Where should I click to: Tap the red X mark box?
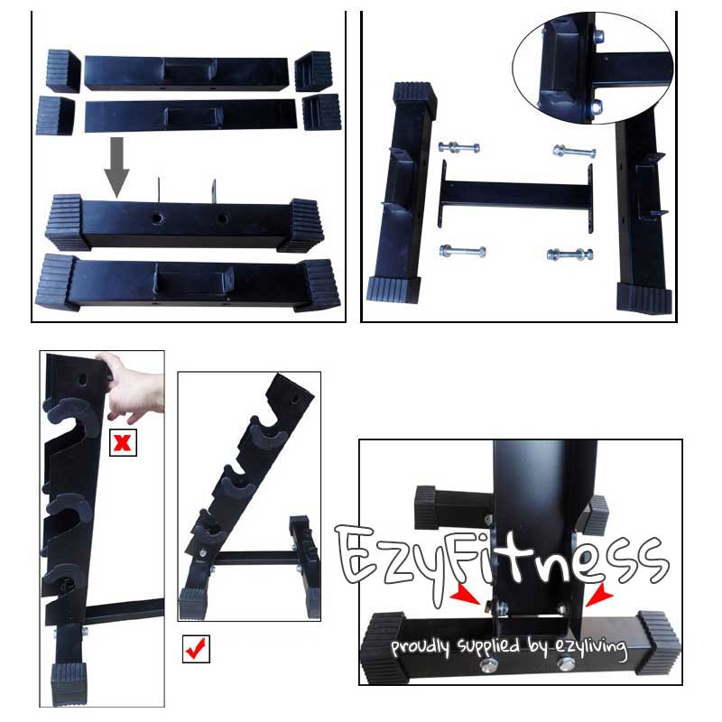(x=123, y=443)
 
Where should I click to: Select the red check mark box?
(x=196, y=649)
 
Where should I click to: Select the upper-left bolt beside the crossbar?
(x=458, y=147)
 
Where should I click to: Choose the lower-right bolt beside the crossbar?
(x=569, y=255)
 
